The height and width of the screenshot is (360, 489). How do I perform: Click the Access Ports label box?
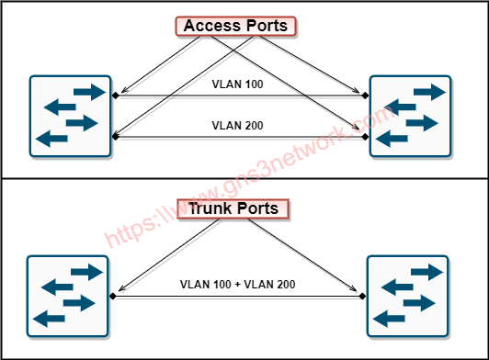(x=236, y=27)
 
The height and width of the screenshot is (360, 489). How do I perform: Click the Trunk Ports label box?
(x=233, y=209)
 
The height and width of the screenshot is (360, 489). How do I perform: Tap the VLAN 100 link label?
(x=237, y=85)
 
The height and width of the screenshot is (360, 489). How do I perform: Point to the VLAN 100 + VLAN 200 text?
(x=237, y=285)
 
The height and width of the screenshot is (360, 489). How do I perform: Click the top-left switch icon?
(x=69, y=116)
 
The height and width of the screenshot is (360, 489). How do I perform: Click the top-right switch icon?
(x=411, y=116)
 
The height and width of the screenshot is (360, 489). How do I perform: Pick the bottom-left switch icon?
(x=68, y=294)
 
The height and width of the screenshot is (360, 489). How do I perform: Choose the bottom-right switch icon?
(x=408, y=294)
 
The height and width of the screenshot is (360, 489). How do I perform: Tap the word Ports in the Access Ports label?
(x=267, y=27)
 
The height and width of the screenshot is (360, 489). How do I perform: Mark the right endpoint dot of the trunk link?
(x=363, y=297)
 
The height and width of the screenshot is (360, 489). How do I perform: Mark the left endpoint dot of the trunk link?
(x=113, y=297)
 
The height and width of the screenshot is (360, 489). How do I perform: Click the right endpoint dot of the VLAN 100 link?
(x=365, y=96)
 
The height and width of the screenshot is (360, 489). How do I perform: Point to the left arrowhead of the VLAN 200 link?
(x=117, y=138)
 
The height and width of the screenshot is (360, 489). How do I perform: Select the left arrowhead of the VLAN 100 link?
(x=118, y=96)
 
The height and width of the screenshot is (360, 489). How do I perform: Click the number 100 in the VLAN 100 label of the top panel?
(x=252, y=85)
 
